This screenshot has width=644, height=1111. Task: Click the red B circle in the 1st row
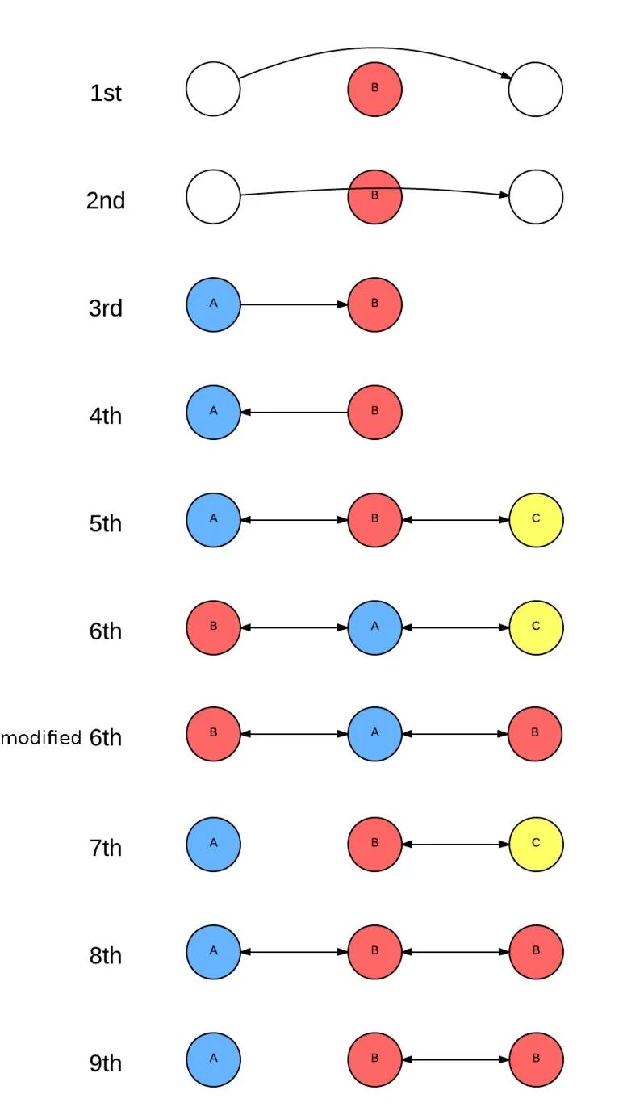[374, 89]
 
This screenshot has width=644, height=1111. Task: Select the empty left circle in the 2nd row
[213, 196]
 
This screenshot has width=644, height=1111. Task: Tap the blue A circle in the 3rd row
[213, 304]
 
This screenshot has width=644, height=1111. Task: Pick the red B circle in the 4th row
[374, 412]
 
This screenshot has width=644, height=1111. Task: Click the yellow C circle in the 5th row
[536, 519]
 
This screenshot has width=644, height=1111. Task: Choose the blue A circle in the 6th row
[374, 627]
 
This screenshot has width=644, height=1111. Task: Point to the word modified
[41, 737]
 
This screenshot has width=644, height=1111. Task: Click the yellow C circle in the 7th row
[536, 844]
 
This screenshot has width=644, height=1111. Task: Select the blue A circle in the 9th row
[213, 1059]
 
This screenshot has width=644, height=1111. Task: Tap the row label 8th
[106, 956]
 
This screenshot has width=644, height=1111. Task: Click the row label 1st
[106, 93]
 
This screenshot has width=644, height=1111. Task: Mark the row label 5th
[106, 524]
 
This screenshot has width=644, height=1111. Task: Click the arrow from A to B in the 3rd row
[294, 304]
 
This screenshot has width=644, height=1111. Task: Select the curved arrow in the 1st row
[374, 49]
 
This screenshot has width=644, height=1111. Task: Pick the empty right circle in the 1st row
[536, 89]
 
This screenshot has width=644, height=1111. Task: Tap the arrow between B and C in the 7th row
[455, 844]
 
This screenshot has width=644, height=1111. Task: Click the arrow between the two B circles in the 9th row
[455, 1059]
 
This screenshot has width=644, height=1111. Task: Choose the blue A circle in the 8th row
[213, 952]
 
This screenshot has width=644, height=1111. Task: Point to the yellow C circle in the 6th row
[536, 627]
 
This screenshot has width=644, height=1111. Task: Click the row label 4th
[106, 417]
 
